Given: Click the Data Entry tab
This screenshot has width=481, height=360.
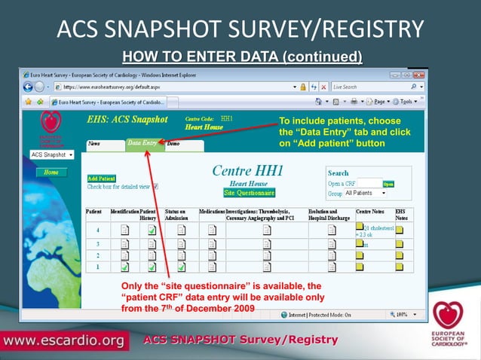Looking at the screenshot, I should [x=142, y=142].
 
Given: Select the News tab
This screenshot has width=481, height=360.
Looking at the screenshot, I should [x=95, y=142].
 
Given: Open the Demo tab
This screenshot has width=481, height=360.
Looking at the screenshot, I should [x=173, y=142].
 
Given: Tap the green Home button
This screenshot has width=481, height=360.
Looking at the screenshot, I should [x=51, y=172].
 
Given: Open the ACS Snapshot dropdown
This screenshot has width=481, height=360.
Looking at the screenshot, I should [x=53, y=154].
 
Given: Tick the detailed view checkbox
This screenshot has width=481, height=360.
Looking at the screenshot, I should [x=155, y=186].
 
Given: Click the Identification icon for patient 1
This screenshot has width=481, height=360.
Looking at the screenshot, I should [x=124, y=267].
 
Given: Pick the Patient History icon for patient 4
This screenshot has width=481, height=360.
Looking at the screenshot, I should [x=152, y=230].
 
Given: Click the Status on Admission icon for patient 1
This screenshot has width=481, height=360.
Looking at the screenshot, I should [x=181, y=267].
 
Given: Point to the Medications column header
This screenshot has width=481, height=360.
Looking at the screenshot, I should [x=211, y=212].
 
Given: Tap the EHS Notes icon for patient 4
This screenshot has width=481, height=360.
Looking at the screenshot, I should [x=400, y=228].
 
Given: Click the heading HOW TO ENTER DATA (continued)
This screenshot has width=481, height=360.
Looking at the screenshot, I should [x=242, y=56].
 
